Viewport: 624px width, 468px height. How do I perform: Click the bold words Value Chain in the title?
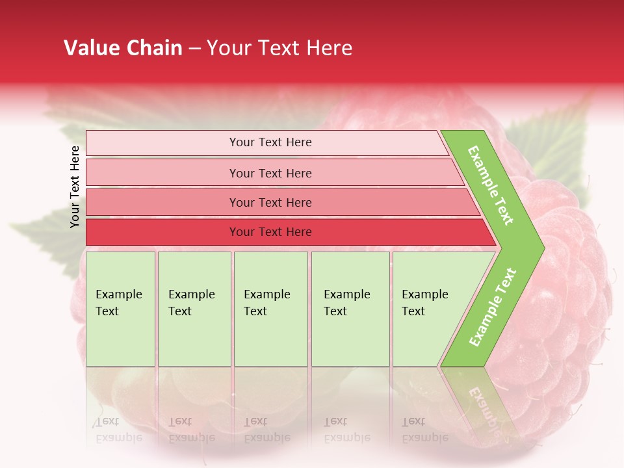tap(123, 48)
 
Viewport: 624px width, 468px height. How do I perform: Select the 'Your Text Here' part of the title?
tap(279, 48)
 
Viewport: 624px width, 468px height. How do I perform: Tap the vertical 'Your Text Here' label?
tap(75, 187)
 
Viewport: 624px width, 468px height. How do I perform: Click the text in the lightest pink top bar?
tap(270, 142)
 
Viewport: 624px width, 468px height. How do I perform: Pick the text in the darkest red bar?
tap(270, 232)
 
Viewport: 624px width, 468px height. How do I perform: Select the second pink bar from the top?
tap(270, 173)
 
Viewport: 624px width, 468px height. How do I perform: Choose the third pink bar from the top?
tap(270, 203)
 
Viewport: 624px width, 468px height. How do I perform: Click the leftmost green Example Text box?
tap(120, 309)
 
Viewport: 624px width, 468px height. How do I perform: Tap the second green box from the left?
tap(194, 309)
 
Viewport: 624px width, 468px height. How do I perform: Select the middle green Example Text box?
tap(270, 309)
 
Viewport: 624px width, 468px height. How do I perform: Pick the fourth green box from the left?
tap(350, 309)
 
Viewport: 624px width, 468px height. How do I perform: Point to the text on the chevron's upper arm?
tap(491, 185)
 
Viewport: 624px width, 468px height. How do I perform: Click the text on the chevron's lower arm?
tap(493, 307)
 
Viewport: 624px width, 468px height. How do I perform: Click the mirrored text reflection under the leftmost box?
tap(118, 430)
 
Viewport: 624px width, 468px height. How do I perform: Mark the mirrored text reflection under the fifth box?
tap(424, 430)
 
